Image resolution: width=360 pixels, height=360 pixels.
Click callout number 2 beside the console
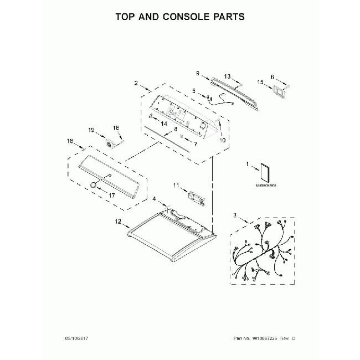coord(136,83)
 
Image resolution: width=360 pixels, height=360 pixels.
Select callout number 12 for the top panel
coord(118,222)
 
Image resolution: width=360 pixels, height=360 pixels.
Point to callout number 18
coord(70,142)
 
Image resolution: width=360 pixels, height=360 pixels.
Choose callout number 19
coord(91,130)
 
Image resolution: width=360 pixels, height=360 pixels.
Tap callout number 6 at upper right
coord(272,77)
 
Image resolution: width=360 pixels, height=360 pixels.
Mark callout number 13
coord(227,76)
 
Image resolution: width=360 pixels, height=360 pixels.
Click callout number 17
coord(111,196)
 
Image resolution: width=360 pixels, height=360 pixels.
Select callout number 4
coord(155,199)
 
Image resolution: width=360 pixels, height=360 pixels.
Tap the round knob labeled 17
coord(91,184)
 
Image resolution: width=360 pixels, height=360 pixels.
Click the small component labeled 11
coord(196,197)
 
